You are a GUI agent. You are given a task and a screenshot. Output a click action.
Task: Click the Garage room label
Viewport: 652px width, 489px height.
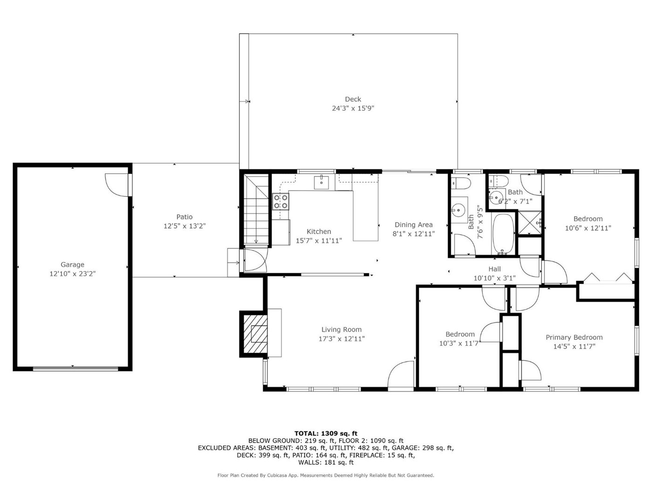click(73, 264)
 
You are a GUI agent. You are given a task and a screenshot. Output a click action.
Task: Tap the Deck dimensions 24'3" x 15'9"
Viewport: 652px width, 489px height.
click(353, 109)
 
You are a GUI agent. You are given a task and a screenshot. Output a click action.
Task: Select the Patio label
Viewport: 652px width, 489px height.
click(184, 217)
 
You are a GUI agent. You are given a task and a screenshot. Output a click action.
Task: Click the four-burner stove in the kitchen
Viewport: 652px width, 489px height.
click(281, 202)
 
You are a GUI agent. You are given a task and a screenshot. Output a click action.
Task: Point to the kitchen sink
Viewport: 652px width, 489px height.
click(321, 182)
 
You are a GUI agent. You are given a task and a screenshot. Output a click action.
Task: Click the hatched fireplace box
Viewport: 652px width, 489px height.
click(255, 334)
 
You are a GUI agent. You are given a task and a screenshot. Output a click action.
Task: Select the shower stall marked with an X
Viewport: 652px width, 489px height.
click(530, 223)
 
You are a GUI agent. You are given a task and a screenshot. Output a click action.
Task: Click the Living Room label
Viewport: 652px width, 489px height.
click(341, 329)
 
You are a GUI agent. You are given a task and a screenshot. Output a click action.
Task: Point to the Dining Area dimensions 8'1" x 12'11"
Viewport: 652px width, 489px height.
click(414, 234)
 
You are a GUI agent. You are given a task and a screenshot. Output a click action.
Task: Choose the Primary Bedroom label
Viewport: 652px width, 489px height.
click(574, 337)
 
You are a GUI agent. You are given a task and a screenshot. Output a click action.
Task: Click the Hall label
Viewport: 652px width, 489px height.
click(495, 269)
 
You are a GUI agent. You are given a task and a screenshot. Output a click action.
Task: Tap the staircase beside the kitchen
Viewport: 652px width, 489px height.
click(256, 209)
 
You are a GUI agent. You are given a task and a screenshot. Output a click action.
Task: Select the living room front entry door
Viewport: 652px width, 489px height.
click(401, 374)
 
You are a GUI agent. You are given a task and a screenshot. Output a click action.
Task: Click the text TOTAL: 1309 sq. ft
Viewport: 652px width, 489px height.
click(326, 434)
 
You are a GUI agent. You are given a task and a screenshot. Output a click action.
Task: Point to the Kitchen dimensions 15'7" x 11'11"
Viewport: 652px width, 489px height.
click(319, 241)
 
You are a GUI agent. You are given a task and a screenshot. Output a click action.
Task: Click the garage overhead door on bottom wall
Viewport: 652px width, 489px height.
click(75, 369)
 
